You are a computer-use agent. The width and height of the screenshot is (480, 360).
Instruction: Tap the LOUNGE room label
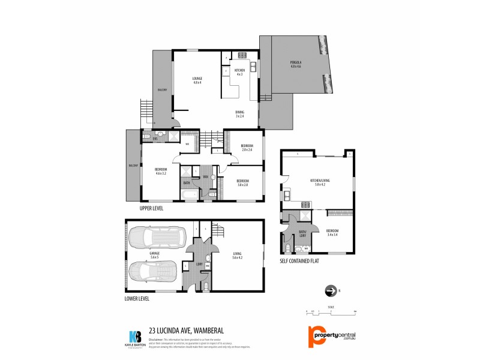[197, 80]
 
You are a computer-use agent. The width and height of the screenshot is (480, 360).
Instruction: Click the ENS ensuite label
[155, 139]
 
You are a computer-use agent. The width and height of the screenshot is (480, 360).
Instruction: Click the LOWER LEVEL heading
[136, 298]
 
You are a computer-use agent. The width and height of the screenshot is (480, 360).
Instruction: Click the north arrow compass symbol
[329, 292]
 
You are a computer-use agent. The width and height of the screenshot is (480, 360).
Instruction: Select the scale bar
[331, 311]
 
